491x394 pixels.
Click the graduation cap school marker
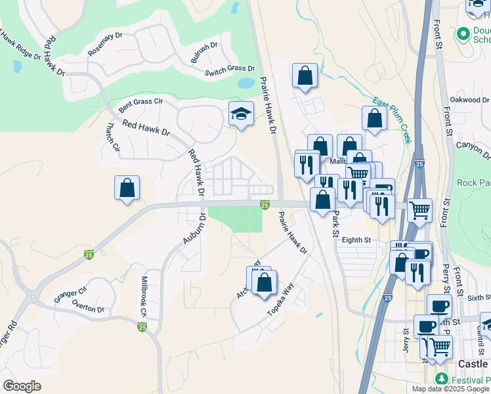point(241,114)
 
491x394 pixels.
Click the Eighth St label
point(356,240)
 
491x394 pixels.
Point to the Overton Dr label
point(88,308)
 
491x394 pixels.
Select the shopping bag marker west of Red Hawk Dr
point(127,188)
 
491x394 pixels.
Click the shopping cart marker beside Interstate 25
point(419,210)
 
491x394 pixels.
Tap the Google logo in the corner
point(22,386)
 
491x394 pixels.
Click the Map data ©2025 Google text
point(450,389)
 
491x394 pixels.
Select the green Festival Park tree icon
point(442,379)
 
